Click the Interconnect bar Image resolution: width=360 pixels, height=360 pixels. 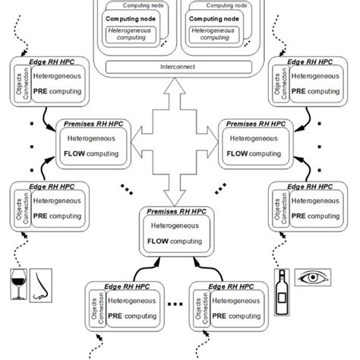click(179, 68)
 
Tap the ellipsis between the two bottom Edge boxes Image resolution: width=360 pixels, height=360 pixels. click(176, 304)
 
